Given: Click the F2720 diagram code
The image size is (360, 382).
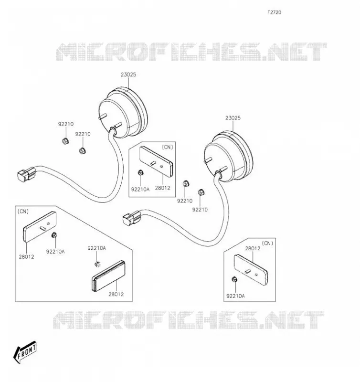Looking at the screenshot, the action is (274, 12).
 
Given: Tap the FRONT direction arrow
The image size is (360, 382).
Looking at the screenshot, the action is (25, 352).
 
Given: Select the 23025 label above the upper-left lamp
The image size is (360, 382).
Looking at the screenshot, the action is (128, 75).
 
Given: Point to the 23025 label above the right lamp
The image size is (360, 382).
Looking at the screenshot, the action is (233, 118).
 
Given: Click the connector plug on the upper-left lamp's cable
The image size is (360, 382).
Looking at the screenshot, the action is (26, 173).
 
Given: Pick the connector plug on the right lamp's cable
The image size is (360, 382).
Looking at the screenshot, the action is (131, 217).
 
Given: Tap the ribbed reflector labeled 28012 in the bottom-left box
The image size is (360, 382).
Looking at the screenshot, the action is (108, 276).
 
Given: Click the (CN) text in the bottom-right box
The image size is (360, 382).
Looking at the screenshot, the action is (267, 243).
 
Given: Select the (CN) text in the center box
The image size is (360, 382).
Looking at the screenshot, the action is (167, 147).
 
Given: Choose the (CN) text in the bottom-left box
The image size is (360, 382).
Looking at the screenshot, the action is (23, 212).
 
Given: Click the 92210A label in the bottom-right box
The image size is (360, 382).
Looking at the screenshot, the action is (235, 296).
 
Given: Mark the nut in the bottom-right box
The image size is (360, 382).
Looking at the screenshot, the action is (234, 279).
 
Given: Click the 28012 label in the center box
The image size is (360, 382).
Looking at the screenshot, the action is (162, 188).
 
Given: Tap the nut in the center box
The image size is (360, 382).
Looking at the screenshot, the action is (140, 173).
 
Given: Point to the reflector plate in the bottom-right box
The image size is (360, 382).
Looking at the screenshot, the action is (251, 270).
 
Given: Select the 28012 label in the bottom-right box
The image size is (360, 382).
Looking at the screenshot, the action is (253, 248).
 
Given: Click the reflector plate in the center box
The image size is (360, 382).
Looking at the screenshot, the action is (156, 162).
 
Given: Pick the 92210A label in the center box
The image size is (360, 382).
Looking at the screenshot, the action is (140, 189).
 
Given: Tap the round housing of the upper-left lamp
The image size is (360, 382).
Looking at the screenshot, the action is (123, 113).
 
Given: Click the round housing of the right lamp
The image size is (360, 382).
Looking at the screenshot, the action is (229, 156).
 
